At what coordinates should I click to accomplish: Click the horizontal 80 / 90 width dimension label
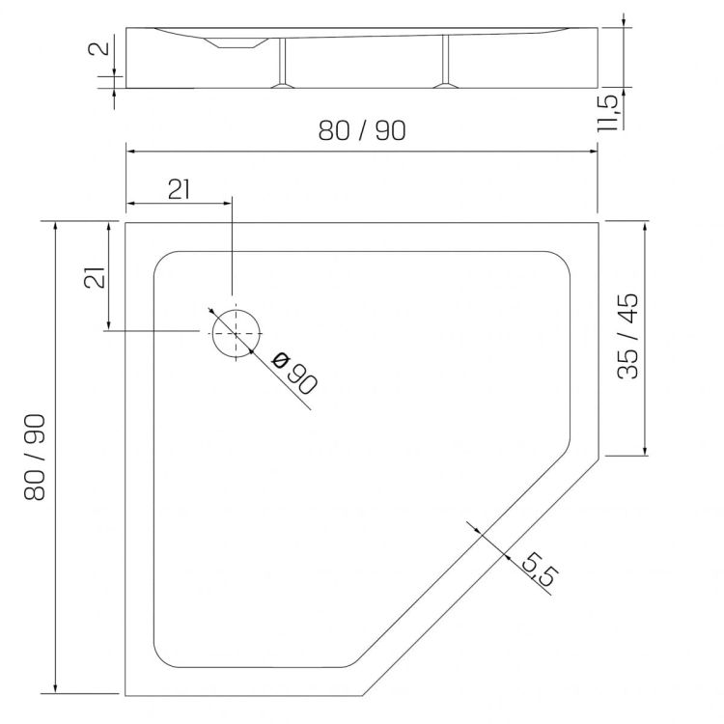tap(362, 130)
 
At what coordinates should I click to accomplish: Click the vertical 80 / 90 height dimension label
tap(35, 458)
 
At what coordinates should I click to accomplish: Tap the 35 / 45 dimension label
tap(628, 336)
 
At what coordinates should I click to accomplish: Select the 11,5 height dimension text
tap(607, 114)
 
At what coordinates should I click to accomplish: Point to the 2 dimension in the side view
tap(98, 48)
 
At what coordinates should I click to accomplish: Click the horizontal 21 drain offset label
tap(179, 189)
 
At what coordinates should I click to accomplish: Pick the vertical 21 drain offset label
tap(96, 278)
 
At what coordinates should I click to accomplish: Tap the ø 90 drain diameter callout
tap(294, 373)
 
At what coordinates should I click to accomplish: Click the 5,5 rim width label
tap(540, 569)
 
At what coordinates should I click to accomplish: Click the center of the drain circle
tap(236, 333)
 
